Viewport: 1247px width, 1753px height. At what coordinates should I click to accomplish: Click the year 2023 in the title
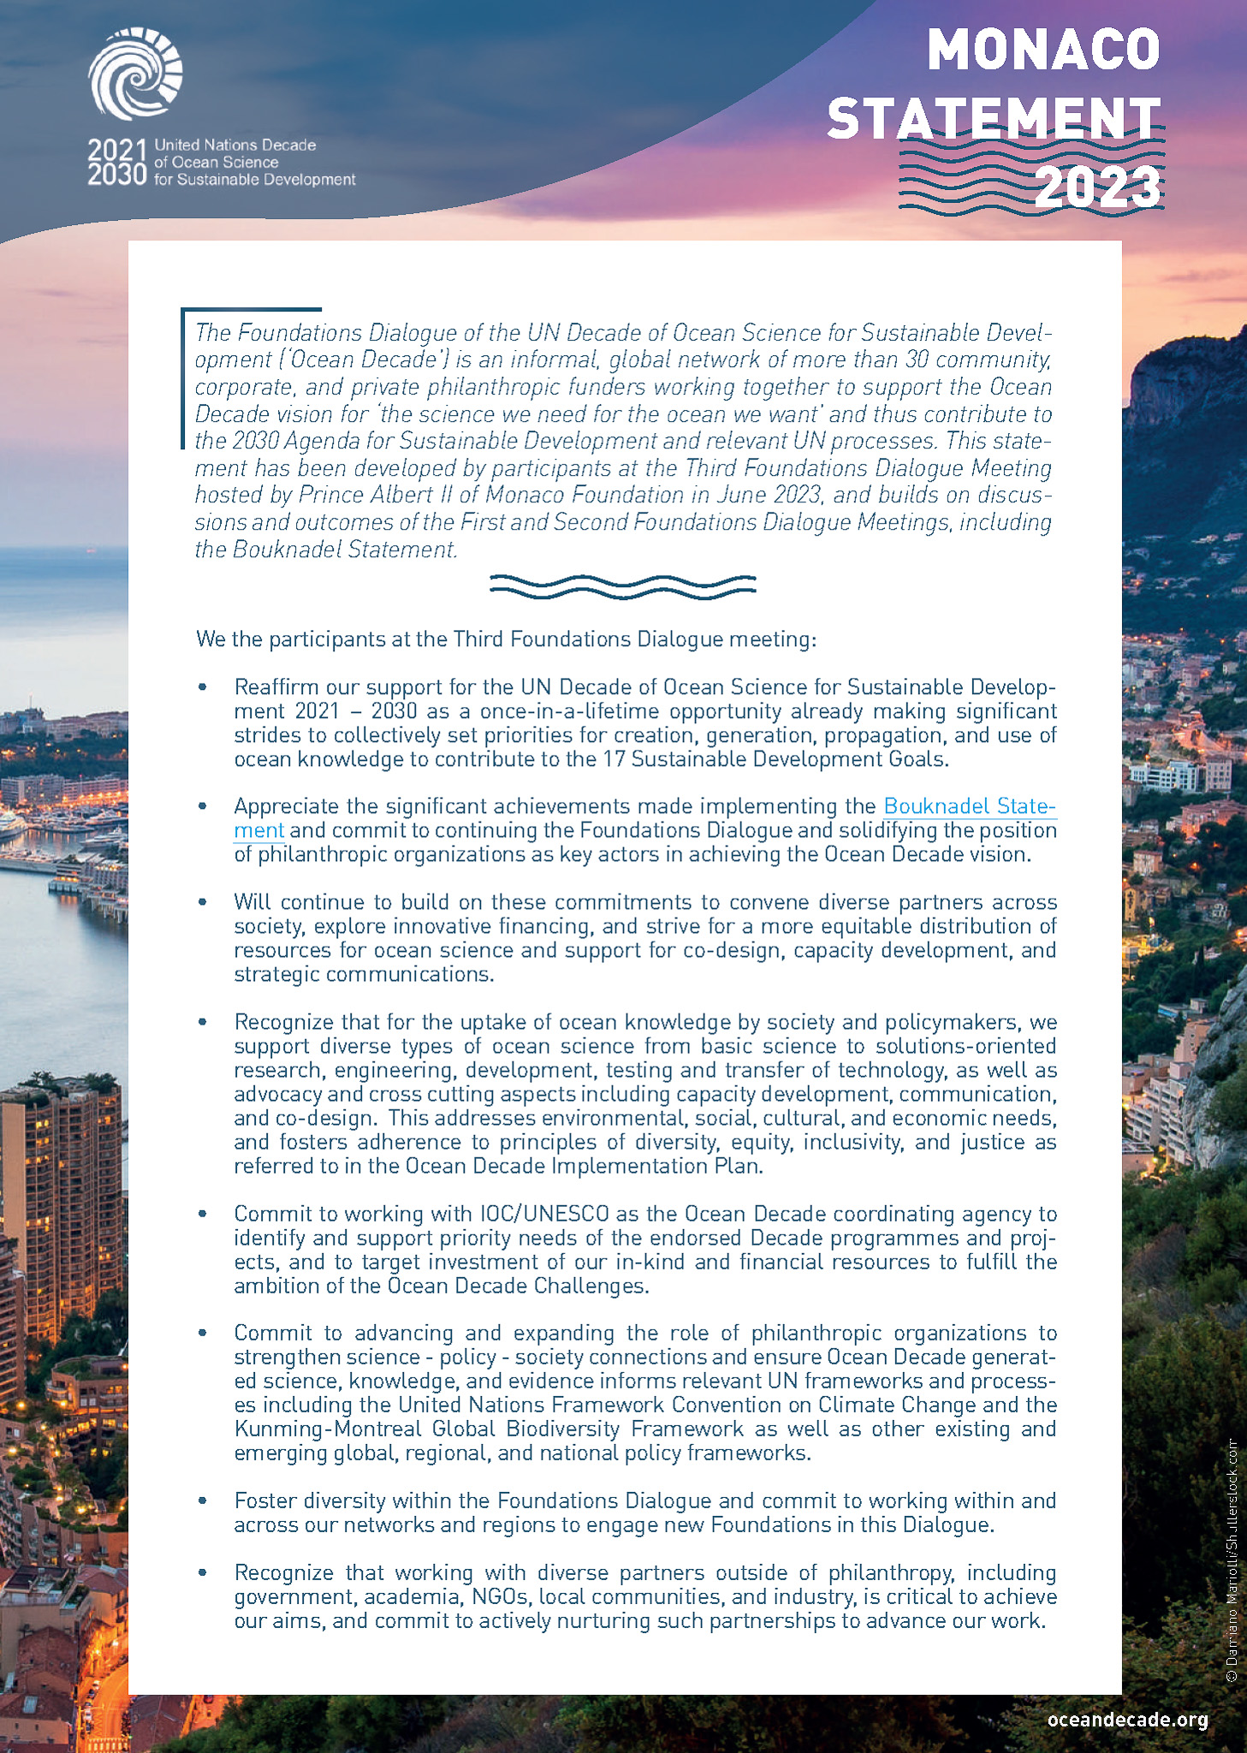click(x=1098, y=187)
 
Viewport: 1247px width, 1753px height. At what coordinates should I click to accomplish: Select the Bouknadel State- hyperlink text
click(x=970, y=806)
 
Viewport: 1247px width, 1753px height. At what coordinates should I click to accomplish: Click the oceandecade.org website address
click(x=1127, y=1720)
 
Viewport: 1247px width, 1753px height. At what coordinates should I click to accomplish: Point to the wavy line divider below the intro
click(x=622, y=586)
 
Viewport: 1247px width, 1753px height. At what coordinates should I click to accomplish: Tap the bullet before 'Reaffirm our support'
click(x=203, y=687)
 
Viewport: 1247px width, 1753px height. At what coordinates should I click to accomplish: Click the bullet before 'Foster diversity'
click(x=203, y=1500)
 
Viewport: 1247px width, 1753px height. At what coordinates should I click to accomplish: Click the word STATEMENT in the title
click(x=993, y=118)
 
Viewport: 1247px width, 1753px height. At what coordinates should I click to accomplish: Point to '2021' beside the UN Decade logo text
click(x=117, y=150)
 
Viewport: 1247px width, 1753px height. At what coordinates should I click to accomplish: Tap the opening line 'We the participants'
click(x=506, y=639)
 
